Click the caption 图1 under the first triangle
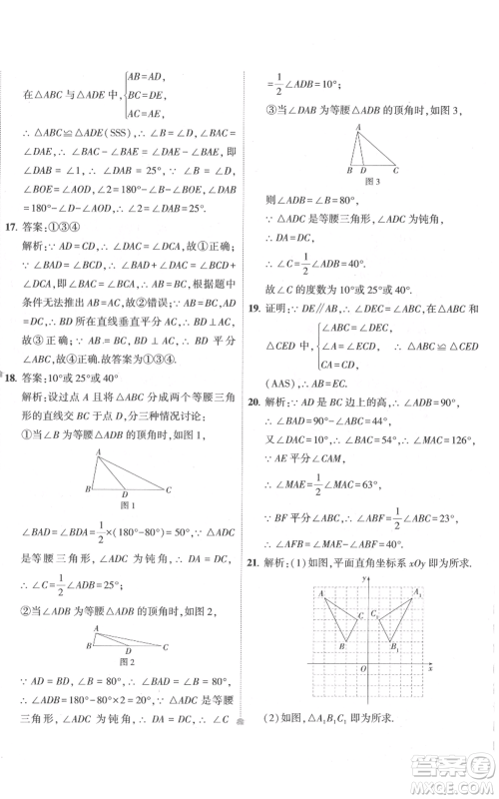[x=126, y=504]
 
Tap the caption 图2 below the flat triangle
[x=126, y=661]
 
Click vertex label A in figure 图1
[x=98, y=453]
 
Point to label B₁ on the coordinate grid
[x=396, y=648]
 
